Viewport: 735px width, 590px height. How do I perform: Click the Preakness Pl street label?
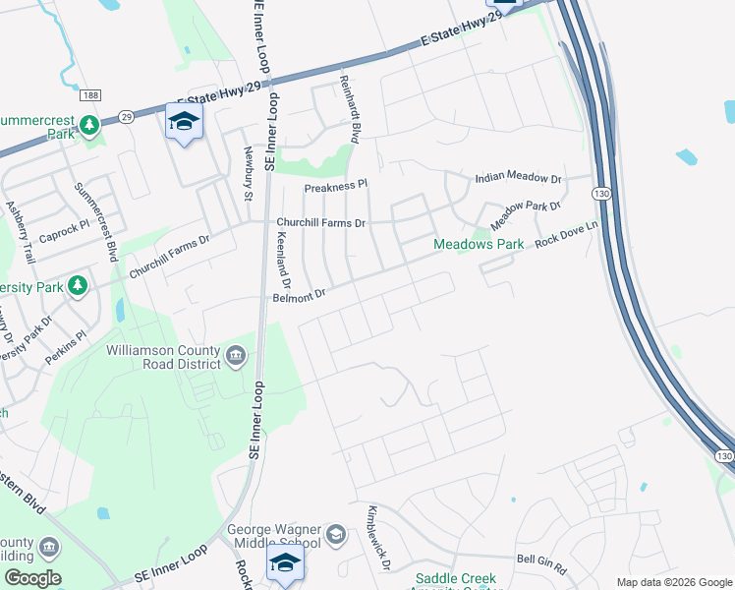click(x=334, y=185)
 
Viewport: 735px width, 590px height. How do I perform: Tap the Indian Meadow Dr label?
click(x=517, y=179)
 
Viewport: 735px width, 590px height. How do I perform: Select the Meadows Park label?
click(x=479, y=244)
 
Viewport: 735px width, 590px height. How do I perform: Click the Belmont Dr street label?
click(x=299, y=295)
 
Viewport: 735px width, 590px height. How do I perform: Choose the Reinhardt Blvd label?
click(x=349, y=109)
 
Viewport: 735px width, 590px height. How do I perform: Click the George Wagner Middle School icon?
click(x=335, y=534)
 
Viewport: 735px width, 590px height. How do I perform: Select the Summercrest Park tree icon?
click(x=89, y=125)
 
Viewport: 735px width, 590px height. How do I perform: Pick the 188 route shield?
click(x=90, y=95)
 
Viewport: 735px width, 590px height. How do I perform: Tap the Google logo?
click(x=31, y=578)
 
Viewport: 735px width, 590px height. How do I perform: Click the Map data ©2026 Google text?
click(x=674, y=582)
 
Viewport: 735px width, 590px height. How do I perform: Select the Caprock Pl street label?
click(x=64, y=238)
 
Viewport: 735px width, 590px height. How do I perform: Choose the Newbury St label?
click(x=249, y=173)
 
